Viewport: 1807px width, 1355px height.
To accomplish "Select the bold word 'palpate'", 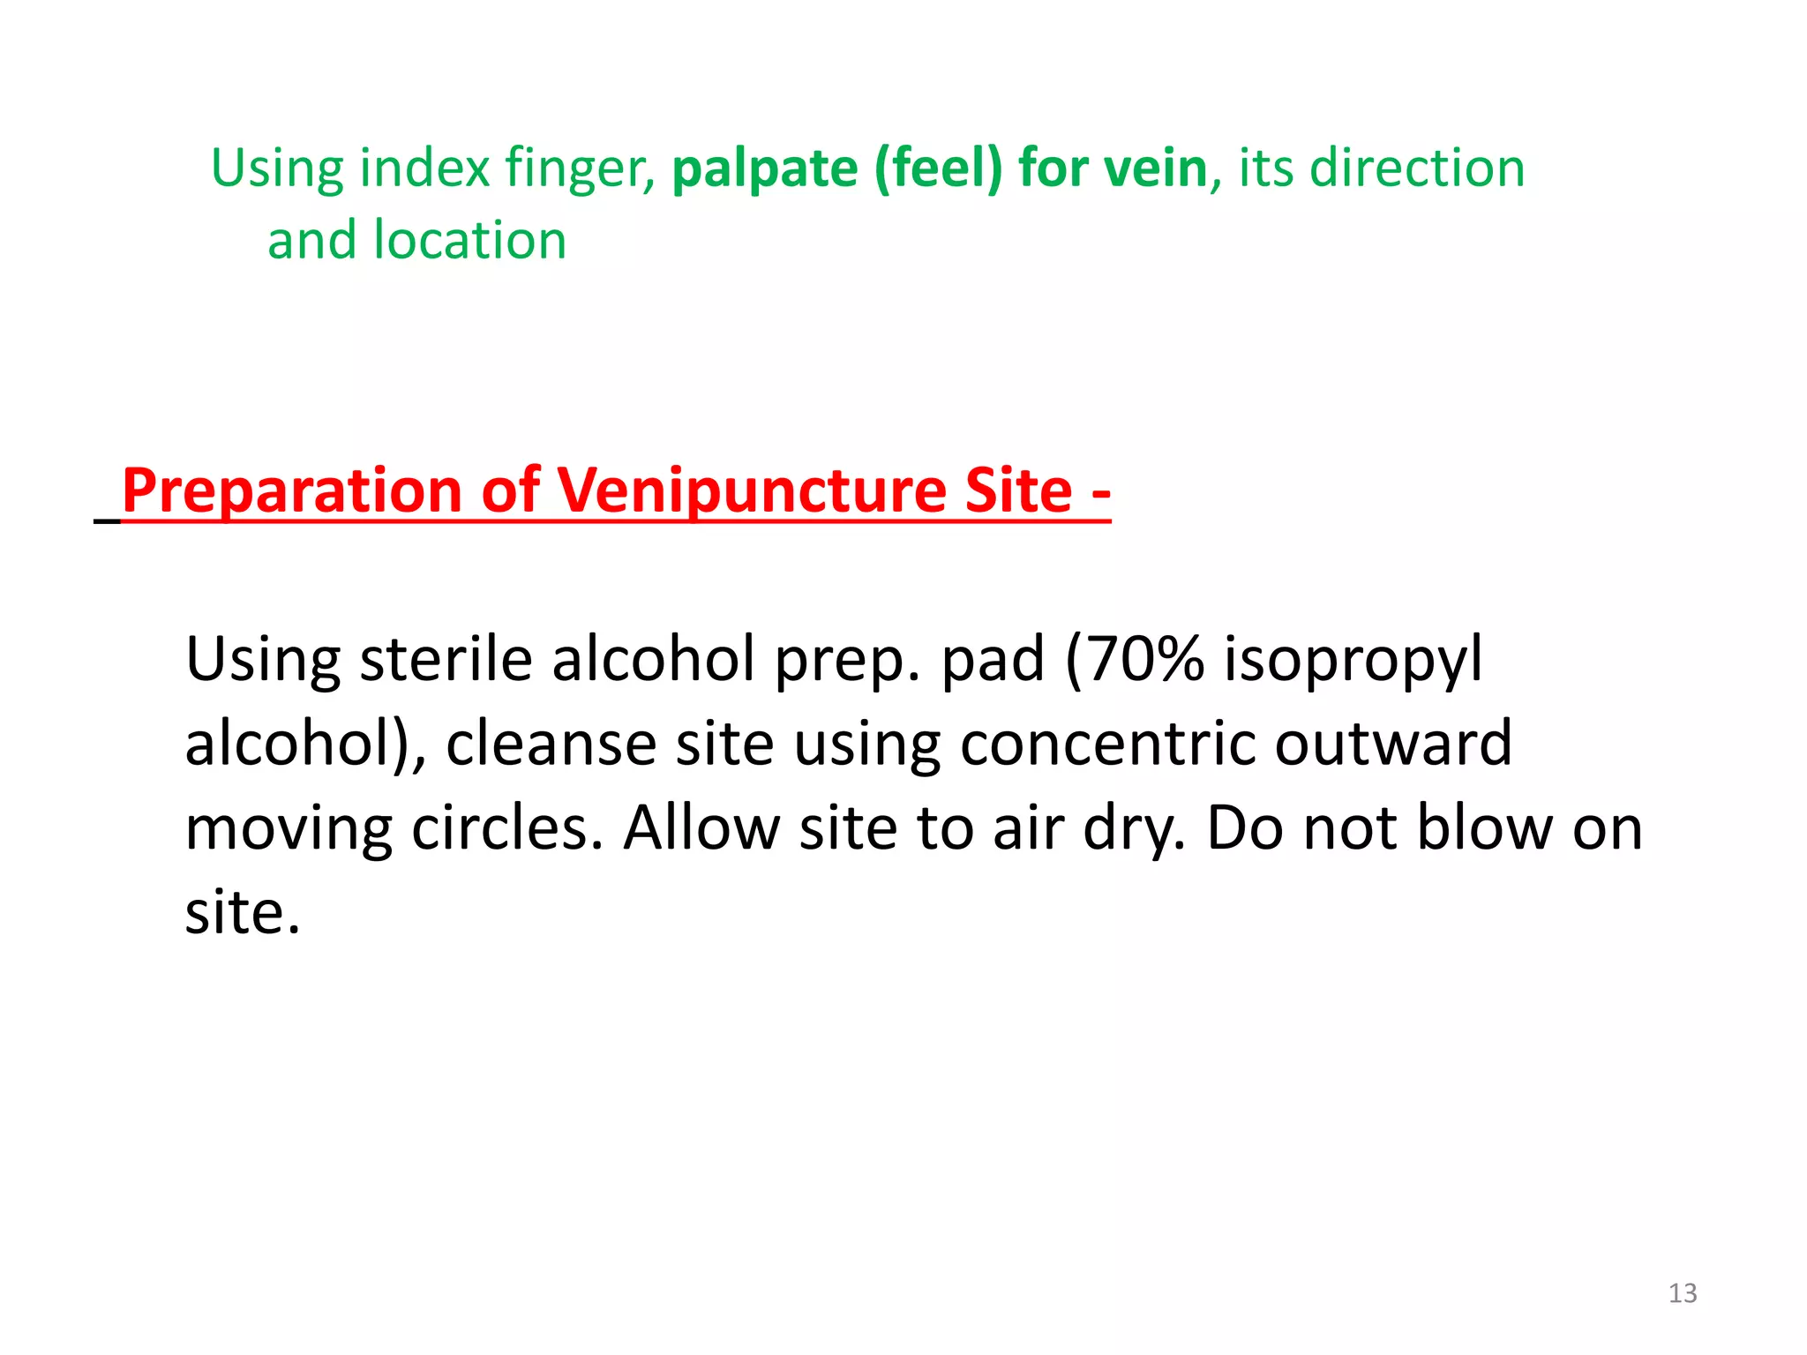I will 764,169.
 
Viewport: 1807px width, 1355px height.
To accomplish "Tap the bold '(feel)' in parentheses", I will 938,169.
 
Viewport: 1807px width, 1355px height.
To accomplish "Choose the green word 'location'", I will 469,240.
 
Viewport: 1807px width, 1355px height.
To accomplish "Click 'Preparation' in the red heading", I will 292,491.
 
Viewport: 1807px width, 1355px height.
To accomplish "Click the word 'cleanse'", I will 551,744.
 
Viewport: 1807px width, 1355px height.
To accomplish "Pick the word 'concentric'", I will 1106,744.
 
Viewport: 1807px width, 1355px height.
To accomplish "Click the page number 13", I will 1683,1293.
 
